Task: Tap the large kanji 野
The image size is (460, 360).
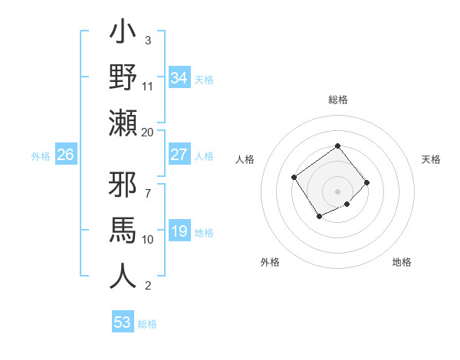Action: (x=123, y=78)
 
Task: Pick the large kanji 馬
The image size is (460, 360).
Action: (x=123, y=231)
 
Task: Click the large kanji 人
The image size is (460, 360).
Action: (x=123, y=274)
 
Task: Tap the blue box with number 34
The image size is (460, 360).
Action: (x=179, y=78)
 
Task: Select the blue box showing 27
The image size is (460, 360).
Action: (x=179, y=155)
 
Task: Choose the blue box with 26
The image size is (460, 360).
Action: (x=66, y=155)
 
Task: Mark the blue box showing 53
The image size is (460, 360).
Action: (x=123, y=322)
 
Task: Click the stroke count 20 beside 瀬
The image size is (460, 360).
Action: (x=148, y=133)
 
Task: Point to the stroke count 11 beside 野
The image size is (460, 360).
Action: (x=148, y=87)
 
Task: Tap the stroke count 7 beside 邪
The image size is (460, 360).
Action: (x=147, y=185)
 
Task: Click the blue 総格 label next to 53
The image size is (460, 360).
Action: (x=147, y=324)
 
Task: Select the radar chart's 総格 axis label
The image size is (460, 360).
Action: (x=337, y=100)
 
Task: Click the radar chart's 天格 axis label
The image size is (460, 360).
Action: (x=431, y=159)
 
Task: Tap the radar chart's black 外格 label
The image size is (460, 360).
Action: (x=270, y=262)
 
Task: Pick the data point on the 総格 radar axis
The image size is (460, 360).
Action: (x=337, y=146)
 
